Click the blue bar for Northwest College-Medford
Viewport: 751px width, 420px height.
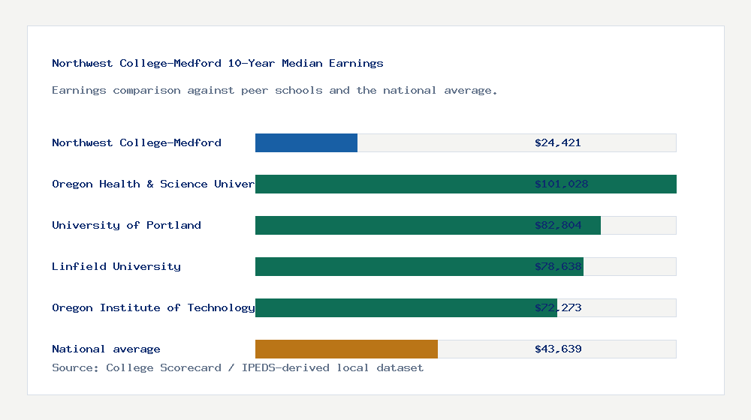tap(306, 142)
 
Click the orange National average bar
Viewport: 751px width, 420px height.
tap(346, 349)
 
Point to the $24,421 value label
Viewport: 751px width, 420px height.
tap(558, 142)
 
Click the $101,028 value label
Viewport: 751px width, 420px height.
tap(561, 184)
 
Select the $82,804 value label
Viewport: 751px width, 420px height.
tap(558, 225)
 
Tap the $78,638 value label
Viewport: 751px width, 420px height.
tap(558, 266)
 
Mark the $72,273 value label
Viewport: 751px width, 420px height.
tap(558, 307)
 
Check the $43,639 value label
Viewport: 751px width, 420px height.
tap(558, 349)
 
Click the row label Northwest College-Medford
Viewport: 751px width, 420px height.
tap(137, 142)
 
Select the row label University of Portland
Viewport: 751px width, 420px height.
tap(126, 225)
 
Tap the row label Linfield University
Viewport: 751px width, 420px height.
tap(116, 266)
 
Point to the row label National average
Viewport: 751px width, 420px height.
tap(106, 349)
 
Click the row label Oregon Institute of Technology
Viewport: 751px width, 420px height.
tap(153, 307)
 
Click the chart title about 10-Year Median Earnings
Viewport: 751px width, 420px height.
tap(218, 63)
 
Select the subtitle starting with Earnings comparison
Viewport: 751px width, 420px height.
tap(275, 90)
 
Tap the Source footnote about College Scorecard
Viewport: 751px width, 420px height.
tap(237, 367)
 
